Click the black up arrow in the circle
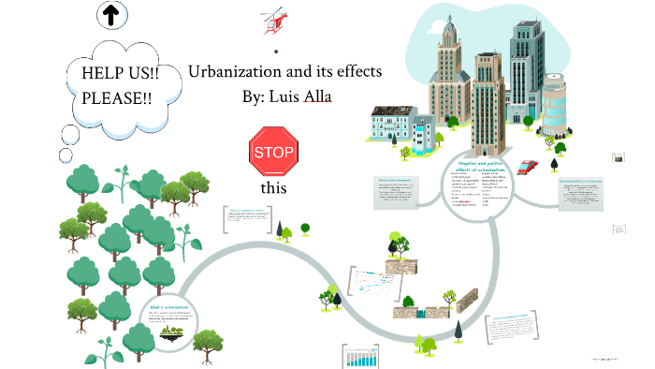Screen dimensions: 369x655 [111, 14]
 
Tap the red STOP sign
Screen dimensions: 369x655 [273, 152]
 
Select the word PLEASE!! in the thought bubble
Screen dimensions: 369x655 [117, 96]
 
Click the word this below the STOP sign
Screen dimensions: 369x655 [273, 188]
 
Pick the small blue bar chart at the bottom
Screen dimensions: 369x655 [364, 357]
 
